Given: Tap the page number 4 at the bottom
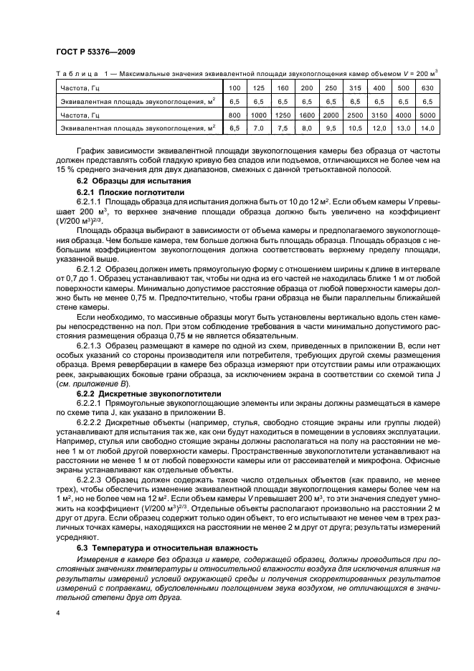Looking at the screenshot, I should (x=57, y=613).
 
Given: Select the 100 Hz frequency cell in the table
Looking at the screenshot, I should (x=234, y=88).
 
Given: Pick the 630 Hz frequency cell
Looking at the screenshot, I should (x=427, y=88).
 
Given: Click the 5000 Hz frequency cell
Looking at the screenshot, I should (x=427, y=115).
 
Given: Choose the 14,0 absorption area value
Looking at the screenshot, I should (x=427, y=128).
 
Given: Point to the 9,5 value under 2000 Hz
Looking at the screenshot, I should (x=331, y=128).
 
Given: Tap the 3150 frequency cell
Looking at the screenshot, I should (x=379, y=115).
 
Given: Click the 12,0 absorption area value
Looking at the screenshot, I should (x=379, y=128).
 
